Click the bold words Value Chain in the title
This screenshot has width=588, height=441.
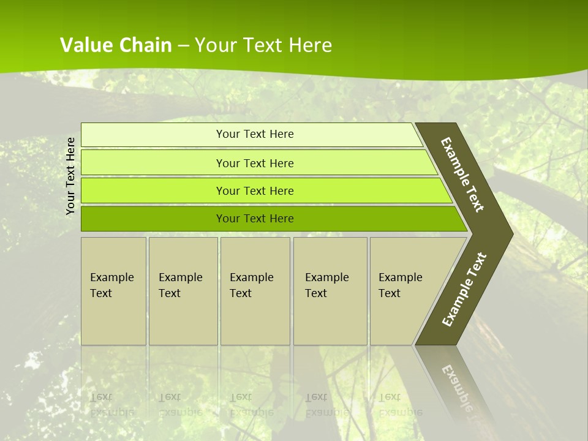[x=116, y=45]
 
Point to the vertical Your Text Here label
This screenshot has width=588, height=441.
[x=70, y=176]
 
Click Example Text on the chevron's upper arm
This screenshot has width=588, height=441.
[x=462, y=175]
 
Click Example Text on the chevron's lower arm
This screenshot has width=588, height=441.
[x=464, y=289]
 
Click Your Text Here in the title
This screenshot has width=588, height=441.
[x=263, y=45]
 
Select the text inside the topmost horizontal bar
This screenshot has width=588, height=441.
[x=255, y=134]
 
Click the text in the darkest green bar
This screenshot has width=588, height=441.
[x=255, y=219]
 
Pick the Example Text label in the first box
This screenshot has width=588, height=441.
[x=111, y=285]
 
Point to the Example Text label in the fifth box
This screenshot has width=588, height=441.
[x=400, y=285]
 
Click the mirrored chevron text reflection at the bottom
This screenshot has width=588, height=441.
[x=457, y=388]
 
